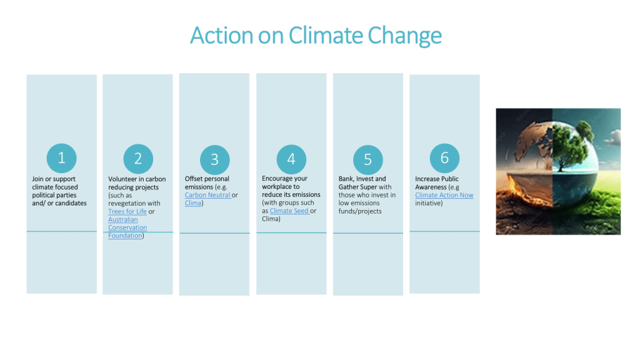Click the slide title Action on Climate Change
coord(316,36)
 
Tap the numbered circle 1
coord(62,158)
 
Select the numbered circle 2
coord(138,159)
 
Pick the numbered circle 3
coord(215,159)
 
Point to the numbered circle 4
coord(291,159)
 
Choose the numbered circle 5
coord(367,159)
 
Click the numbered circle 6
coord(444,158)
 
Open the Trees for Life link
coord(127,211)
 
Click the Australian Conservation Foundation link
coord(127,227)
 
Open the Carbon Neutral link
coord(207,195)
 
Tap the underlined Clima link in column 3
coord(192,203)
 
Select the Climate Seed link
coord(289,211)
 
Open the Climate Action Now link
coord(444,195)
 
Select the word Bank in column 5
coord(346,179)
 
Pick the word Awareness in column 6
coord(431,187)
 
